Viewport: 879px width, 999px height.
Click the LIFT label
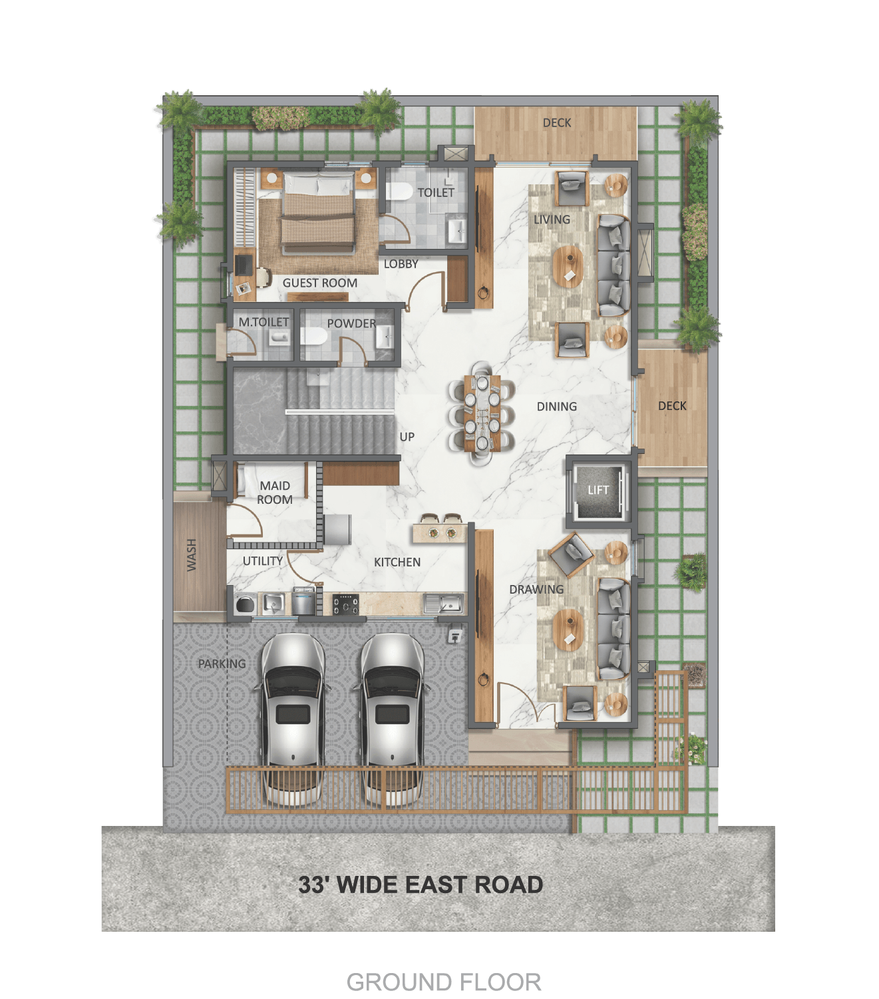598,490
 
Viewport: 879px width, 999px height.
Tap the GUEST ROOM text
320,283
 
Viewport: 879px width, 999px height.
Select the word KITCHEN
397,562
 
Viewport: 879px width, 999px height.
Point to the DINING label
556,406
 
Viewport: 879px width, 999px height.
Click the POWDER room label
351,323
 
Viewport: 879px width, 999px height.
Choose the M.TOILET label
264,322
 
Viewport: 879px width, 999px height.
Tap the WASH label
191,555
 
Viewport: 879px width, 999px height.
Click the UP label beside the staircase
407,437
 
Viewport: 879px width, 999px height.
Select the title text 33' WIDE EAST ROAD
421,885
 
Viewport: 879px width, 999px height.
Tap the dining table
482,413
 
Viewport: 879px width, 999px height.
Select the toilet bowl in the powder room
314,337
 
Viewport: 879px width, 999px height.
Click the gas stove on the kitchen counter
345,604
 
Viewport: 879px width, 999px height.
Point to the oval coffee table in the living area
568,266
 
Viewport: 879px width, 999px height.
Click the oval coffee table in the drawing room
568,630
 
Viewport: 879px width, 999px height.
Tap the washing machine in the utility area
245,604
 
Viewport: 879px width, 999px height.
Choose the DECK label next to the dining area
672,406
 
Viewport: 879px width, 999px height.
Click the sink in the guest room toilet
456,230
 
